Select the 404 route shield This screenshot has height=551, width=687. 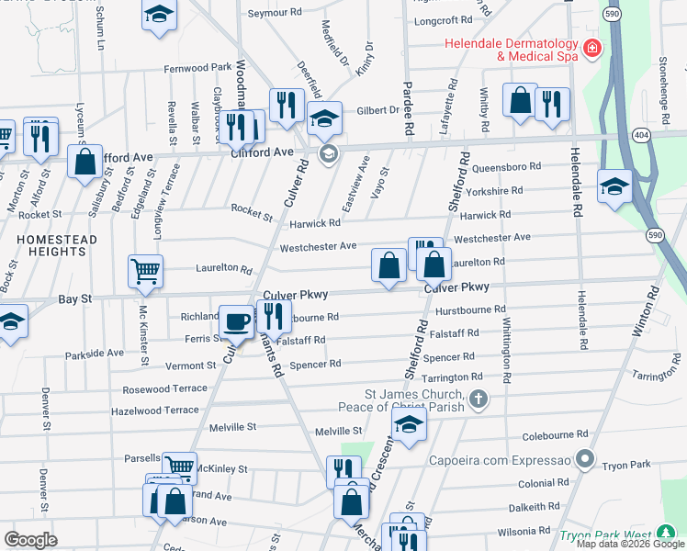point(641,134)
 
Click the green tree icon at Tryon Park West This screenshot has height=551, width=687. point(668,534)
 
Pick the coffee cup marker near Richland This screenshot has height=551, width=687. point(236,322)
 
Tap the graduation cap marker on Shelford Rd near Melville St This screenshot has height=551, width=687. point(409,424)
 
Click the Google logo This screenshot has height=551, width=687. point(30,539)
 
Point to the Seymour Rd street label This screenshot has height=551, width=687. point(276,14)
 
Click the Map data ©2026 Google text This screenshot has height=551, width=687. point(630,544)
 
